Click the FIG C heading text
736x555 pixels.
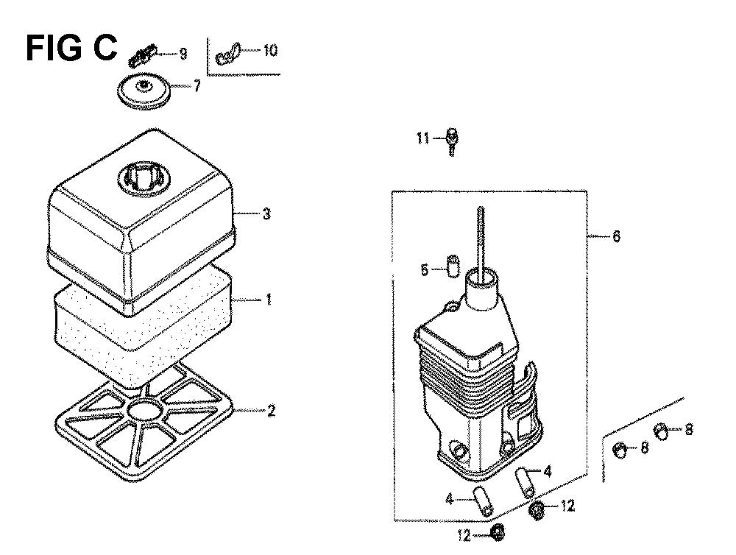(71, 48)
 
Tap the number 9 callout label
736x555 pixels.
(183, 54)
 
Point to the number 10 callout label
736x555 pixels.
(270, 50)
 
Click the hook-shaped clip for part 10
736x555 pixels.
(227, 54)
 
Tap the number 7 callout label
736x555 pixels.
(197, 86)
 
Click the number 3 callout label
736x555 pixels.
(266, 214)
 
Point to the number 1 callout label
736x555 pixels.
(269, 299)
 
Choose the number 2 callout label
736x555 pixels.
(271, 411)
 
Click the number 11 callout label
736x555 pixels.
(423, 138)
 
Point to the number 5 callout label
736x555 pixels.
(425, 270)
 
